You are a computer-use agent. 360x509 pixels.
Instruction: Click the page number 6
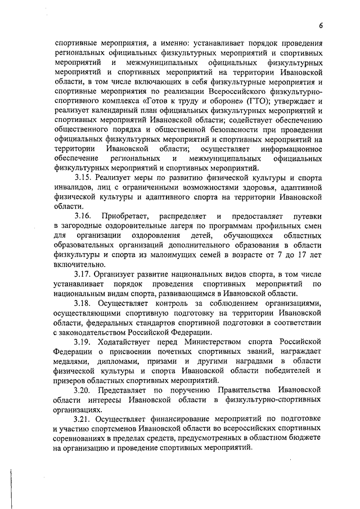[x=319, y=25]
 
